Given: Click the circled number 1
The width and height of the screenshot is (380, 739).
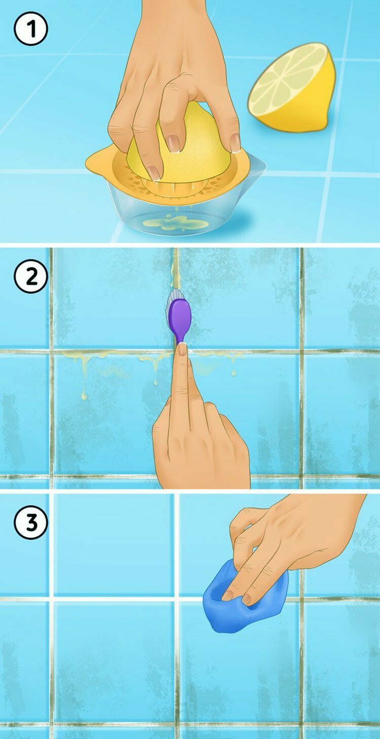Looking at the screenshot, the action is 30,29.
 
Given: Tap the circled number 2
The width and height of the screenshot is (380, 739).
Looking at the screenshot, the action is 30,276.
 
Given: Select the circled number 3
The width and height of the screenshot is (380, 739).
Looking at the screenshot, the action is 30,522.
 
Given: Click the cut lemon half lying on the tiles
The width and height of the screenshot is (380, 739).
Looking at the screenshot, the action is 292,88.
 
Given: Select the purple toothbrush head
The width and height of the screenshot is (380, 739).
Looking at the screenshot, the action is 180,320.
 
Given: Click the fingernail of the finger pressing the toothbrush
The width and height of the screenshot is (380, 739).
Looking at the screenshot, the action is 182,349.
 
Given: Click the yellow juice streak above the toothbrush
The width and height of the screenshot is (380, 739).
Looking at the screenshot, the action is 175,269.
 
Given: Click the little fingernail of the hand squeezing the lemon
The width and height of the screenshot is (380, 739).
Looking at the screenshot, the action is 235,142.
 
